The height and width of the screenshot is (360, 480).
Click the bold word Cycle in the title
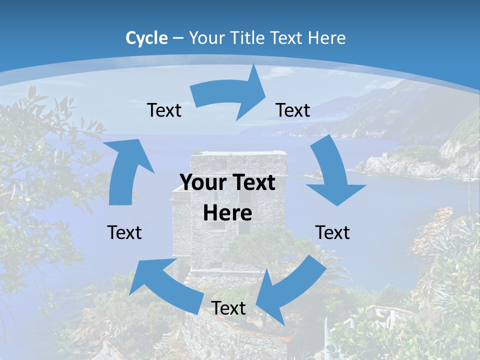[x=146, y=38]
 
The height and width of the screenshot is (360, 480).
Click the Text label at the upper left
[x=164, y=110]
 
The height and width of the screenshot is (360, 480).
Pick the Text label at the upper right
[x=293, y=110]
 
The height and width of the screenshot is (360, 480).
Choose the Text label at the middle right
[x=332, y=232]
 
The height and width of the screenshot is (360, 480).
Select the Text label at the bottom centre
[x=228, y=308]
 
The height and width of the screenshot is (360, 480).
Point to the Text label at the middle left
[x=124, y=232]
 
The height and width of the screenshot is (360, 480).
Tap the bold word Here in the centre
[x=227, y=213]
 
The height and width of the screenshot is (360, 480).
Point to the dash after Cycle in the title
[x=178, y=38]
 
